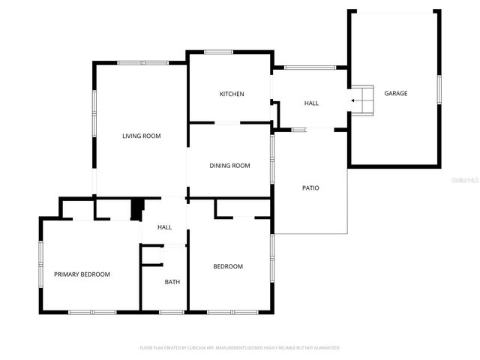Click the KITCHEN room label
[x=232, y=94]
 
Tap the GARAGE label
[x=396, y=94]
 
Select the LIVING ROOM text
[x=142, y=136]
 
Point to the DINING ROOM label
[x=229, y=166]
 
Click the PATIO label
[x=310, y=187]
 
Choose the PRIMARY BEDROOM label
[x=82, y=274]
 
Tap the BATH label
[x=172, y=282]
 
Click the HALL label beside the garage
[x=311, y=103]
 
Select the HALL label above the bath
[x=164, y=227]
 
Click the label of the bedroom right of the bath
[x=228, y=266]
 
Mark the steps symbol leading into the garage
[x=364, y=101]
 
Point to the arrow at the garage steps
[x=353, y=101]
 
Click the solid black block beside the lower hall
[x=136, y=209]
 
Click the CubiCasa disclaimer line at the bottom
[x=240, y=348]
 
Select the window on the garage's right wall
[x=439, y=86]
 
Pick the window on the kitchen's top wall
[x=218, y=52]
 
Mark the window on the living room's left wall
[x=94, y=113]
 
